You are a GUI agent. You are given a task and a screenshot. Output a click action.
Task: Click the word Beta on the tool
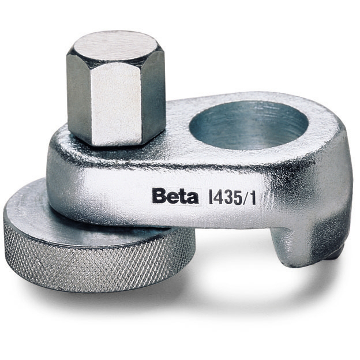click(x=175, y=196)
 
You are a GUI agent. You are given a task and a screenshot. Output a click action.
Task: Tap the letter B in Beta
click(x=159, y=196)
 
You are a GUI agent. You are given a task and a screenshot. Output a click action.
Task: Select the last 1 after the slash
click(x=253, y=197)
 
